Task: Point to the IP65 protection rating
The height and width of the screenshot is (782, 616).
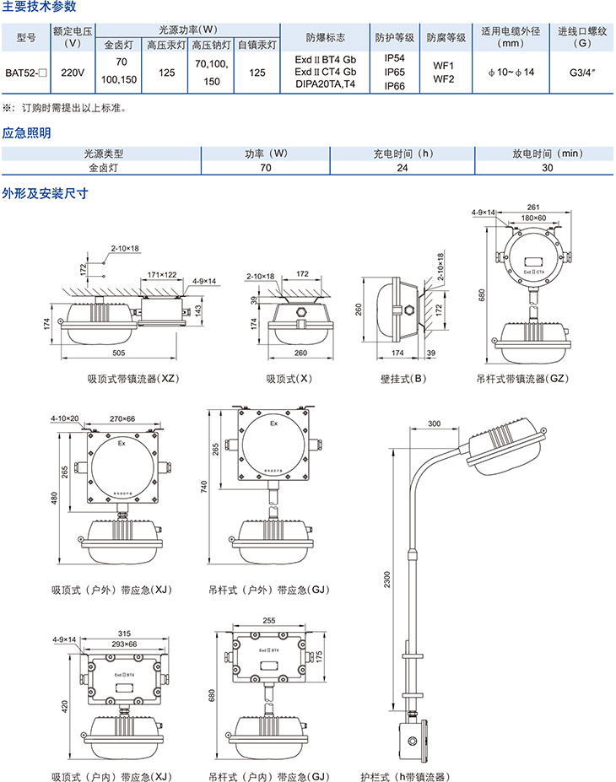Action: (x=394, y=73)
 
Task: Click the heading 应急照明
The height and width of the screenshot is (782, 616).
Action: (x=26, y=133)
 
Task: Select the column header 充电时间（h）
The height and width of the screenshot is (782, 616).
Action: (x=403, y=154)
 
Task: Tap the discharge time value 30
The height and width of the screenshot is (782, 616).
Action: (x=548, y=168)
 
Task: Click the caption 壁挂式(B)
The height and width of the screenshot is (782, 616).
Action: (x=402, y=379)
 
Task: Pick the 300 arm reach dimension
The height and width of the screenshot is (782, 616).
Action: (x=435, y=423)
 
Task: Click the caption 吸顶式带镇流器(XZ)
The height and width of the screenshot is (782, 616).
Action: (x=132, y=379)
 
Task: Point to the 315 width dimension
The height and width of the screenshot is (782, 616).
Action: (x=124, y=634)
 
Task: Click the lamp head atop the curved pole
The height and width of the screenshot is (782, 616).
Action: (x=502, y=443)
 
